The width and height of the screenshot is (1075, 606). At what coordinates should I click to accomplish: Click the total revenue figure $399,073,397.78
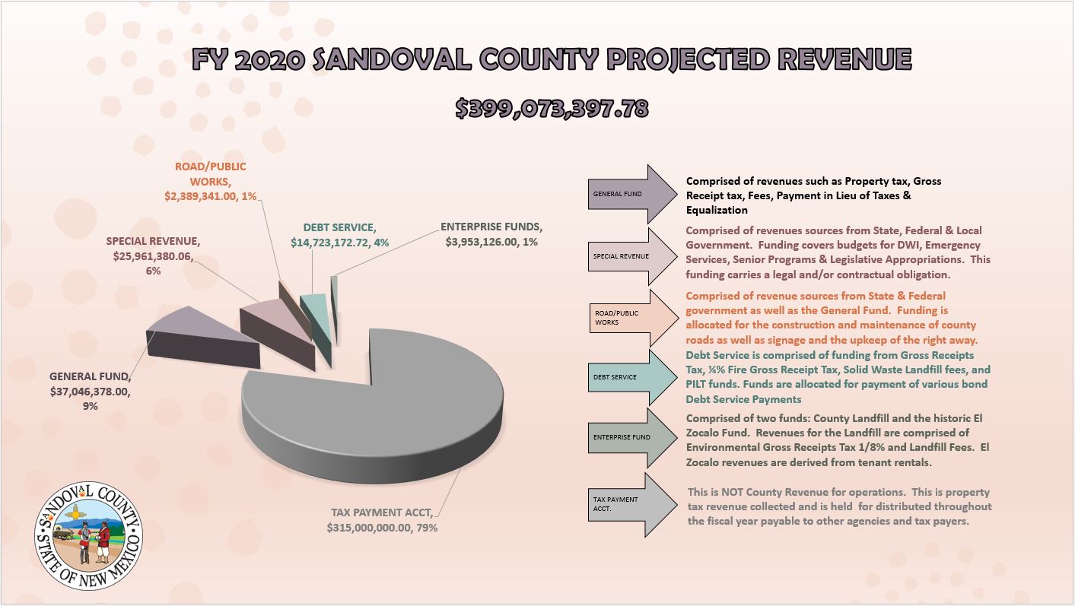point(552,109)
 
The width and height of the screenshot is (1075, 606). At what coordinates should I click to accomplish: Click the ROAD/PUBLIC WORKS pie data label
point(210,182)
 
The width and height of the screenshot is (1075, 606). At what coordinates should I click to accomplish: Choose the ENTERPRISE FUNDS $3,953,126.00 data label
point(491,234)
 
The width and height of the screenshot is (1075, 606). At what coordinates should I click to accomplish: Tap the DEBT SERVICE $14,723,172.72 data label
point(340,235)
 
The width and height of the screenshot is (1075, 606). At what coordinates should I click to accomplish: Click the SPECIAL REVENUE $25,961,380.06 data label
point(153,255)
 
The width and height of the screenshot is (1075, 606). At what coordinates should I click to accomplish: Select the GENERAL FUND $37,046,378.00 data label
point(91,391)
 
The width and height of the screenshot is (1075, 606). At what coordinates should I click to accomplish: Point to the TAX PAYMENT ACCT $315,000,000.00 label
point(382,520)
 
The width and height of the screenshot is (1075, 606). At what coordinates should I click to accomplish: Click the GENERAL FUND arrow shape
point(632,194)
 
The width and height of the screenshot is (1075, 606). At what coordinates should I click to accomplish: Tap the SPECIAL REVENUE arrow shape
point(632,256)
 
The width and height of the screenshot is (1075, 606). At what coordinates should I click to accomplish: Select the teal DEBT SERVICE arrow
point(632,377)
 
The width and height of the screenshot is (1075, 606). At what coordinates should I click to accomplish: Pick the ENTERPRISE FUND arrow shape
point(632,438)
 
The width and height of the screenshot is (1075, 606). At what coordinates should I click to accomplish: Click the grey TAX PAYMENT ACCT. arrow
point(632,504)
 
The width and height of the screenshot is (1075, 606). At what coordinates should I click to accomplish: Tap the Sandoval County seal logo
point(89,535)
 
